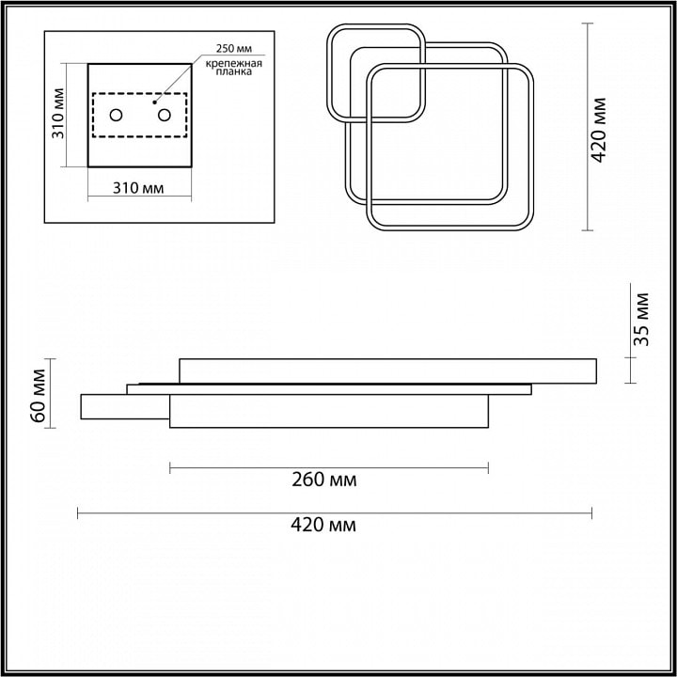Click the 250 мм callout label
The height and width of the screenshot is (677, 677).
pos(234,48)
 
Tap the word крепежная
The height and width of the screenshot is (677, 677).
pos(233,64)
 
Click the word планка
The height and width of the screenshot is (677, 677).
pos(233,72)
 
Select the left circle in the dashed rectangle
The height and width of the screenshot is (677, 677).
pos(116,116)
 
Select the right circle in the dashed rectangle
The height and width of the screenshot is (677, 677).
pos(164,116)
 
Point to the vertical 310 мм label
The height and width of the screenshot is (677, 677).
pos(58,114)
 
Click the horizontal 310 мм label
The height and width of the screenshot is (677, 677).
pos(138,188)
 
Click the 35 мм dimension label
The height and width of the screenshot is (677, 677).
pos(641,319)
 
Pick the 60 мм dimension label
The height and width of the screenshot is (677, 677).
pos(38,396)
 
